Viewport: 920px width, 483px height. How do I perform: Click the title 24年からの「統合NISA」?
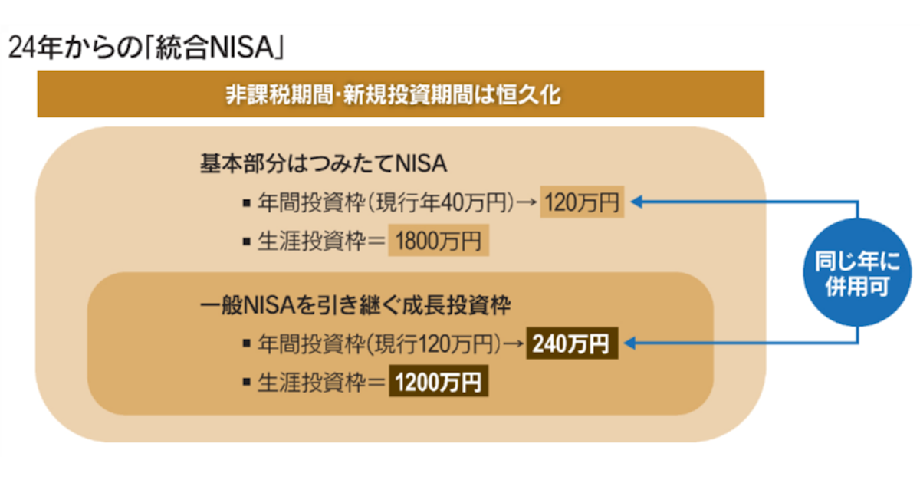click(146, 48)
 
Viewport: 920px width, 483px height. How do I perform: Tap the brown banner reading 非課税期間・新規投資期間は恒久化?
click(400, 94)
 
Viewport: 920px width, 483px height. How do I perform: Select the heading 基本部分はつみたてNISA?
click(324, 163)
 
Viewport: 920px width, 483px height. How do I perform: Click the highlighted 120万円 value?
click(582, 202)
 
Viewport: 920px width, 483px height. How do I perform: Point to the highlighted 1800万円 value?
click(439, 240)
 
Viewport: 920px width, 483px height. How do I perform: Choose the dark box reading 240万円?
click(572, 343)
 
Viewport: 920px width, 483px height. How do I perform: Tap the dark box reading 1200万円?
click(439, 381)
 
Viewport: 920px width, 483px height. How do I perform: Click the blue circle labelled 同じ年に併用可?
click(857, 273)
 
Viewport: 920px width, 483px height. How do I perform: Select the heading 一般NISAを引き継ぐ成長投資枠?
click(355, 306)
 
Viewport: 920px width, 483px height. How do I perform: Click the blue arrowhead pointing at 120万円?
click(636, 202)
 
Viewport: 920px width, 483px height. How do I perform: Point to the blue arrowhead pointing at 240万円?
click(630, 343)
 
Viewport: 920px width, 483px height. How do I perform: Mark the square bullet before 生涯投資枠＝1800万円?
click(246, 241)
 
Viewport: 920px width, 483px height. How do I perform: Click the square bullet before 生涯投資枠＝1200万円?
click(246, 382)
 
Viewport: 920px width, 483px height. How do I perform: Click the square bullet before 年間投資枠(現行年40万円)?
click(246, 203)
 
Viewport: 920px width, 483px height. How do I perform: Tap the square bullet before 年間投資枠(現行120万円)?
click(246, 343)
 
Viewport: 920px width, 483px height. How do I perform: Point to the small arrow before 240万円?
click(514, 343)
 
